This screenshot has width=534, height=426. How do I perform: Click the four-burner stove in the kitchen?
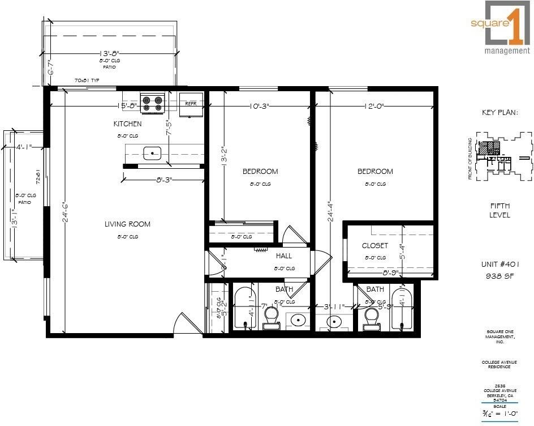pos(152,103)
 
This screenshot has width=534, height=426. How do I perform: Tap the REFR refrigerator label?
pos(190,104)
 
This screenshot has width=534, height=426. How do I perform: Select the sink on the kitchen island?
pos(152,152)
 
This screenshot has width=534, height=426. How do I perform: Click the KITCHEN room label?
pos(127,123)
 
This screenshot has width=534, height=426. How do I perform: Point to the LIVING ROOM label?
pos(127,224)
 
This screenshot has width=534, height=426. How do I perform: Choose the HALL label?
pos(284,256)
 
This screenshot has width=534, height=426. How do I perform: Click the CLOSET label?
pos(374,245)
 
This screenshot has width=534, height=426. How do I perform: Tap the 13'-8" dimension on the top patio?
pos(110,53)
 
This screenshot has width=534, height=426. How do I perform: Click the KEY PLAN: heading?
pos(500,112)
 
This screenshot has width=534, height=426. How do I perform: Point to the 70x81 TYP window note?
pos(87,80)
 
